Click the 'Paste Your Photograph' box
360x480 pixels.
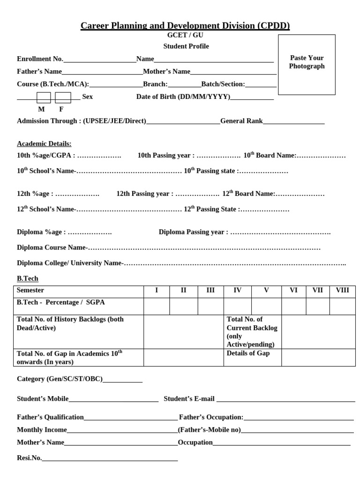pos(307,64)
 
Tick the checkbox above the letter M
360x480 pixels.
pos(44,97)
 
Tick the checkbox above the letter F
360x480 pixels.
pos(63,97)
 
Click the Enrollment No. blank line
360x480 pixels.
pos(99,60)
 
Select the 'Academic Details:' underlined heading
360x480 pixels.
pos(44,143)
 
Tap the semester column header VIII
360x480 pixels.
pos(342,290)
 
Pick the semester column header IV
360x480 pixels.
pos(237,290)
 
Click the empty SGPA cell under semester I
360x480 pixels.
pos(157,306)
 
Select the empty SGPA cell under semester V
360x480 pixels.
pos(266,306)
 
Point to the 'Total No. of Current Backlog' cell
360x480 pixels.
pos(252,331)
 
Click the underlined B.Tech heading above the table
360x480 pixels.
pos(28,278)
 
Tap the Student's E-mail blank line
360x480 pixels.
pos(285,400)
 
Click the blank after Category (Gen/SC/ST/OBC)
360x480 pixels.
pos(122,380)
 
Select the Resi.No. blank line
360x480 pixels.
pos(110,459)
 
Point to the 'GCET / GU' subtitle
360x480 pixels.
pos(185,35)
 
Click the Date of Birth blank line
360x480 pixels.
pos(252,98)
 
